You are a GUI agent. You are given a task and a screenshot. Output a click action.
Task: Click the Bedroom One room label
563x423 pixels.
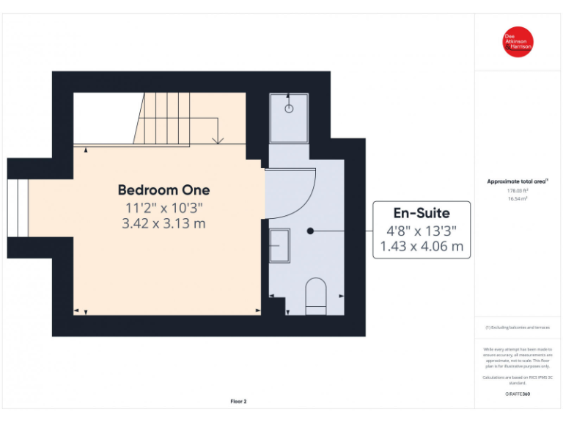pyautogui.click(x=163, y=190)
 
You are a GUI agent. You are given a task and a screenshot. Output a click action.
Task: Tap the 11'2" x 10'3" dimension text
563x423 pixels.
pyautogui.click(x=163, y=208)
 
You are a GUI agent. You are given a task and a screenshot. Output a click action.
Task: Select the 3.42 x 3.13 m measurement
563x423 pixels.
pyautogui.click(x=163, y=223)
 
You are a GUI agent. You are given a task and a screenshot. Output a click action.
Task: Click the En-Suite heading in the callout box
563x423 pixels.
pyautogui.click(x=421, y=213)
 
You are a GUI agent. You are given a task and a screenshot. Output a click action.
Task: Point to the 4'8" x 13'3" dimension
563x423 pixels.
pyautogui.click(x=421, y=230)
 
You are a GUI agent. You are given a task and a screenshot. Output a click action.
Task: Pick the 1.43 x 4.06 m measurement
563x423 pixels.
pyautogui.click(x=421, y=247)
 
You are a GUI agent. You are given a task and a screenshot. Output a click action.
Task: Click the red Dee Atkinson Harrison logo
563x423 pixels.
pyautogui.click(x=518, y=42)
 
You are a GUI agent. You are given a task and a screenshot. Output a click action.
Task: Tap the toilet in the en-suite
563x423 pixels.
pyautogui.click(x=315, y=295)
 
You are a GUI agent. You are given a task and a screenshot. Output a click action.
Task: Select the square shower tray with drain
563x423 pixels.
pyautogui.click(x=289, y=117)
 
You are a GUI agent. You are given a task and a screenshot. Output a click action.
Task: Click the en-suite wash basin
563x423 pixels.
pyautogui.click(x=279, y=244)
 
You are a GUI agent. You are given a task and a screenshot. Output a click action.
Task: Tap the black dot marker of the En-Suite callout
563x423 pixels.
pyautogui.click(x=310, y=231)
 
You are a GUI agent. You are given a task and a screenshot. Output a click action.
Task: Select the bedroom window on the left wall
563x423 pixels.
pyautogui.click(x=18, y=208)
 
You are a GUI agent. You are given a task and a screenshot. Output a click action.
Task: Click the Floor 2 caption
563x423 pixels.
pyautogui.click(x=239, y=402)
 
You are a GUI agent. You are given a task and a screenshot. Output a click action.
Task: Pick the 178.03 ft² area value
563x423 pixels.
pyautogui.click(x=518, y=190)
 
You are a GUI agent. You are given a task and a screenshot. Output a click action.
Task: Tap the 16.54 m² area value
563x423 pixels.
pyautogui.click(x=518, y=198)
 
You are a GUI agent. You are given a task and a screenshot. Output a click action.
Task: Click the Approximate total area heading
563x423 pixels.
pyautogui.click(x=517, y=181)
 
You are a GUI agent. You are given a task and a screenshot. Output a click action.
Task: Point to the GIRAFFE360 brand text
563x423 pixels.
pyautogui.click(x=518, y=394)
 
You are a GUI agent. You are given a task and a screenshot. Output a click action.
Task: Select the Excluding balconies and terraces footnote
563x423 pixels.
pyautogui.click(x=518, y=328)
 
